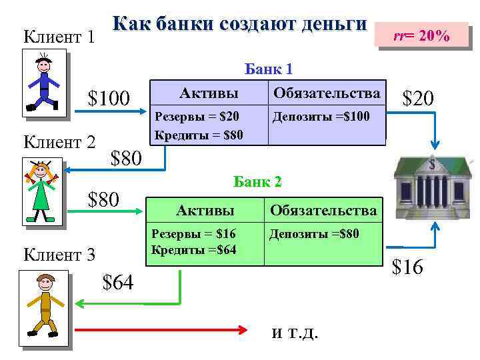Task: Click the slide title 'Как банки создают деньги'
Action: tap(239, 24)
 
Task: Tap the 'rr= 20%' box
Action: tap(421, 36)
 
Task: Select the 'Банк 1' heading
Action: tap(269, 69)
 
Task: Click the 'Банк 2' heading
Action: tap(257, 181)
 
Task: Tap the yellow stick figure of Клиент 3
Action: tap(45, 307)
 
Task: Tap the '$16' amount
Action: tap(407, 267)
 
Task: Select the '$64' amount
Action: tap(118, 283)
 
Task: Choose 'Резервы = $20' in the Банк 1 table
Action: tap(197, 117)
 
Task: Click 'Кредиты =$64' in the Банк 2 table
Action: tap(194, 249)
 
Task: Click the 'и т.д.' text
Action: tap(295, 333)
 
